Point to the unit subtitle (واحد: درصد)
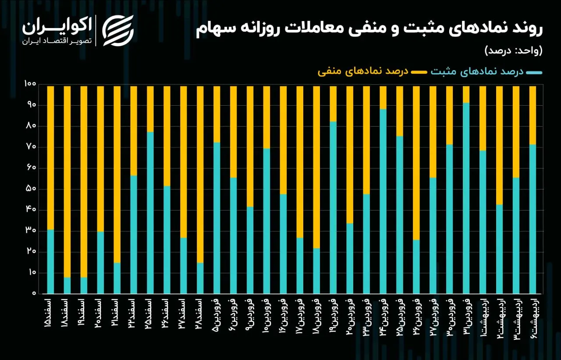pyautogui.click(x=514, y=51)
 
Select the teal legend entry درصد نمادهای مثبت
pyautogui.click(x=486, y=71)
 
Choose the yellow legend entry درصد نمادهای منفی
pyautogui.click(x=372, y=71)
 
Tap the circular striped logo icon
pyautogui.click(x=118, y=31)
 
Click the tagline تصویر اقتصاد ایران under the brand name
pyautogui.click(x=57, y=41)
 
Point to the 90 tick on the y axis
pyautogui.click(x=31, y=105)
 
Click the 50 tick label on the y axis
pyautogui.click(x=31, y=189)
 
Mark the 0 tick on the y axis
pyautogui.click(x=34, y=293)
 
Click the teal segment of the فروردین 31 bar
pyautogui.click(x=466, y=198)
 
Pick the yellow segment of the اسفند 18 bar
pyautogui.click(x=67, y=182)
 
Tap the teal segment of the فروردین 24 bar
pyautogui.click(x=383, y=201)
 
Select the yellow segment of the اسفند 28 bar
pyautogui.click(x=200, y=175)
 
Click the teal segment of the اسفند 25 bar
pyautogui.click(x=150, y=213)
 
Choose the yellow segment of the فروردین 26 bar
pyautogui.click(x=416, y=163)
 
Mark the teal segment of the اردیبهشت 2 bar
pyautogui.click(x=499, y=249)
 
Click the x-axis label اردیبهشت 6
pyautogui.click(x=533, y=318)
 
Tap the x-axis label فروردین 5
pyautogui.click(x=217, y=315)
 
